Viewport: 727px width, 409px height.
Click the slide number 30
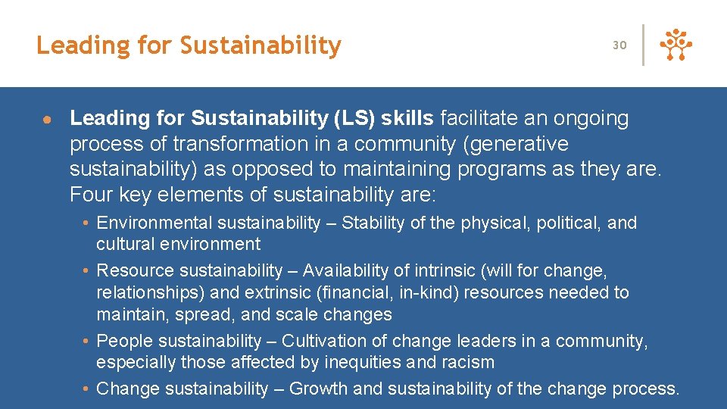pyautogui.click(x=619, y=45)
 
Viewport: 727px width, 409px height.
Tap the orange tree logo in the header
pyautogui.click(x=676, y=45)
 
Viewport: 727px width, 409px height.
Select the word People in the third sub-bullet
pyautogui.click(x=122, y=341)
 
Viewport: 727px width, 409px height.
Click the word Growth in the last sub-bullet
pyautogui.click(x=317, y=389)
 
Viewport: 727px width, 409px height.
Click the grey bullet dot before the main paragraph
pyautogui.click(x=46, y=120)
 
